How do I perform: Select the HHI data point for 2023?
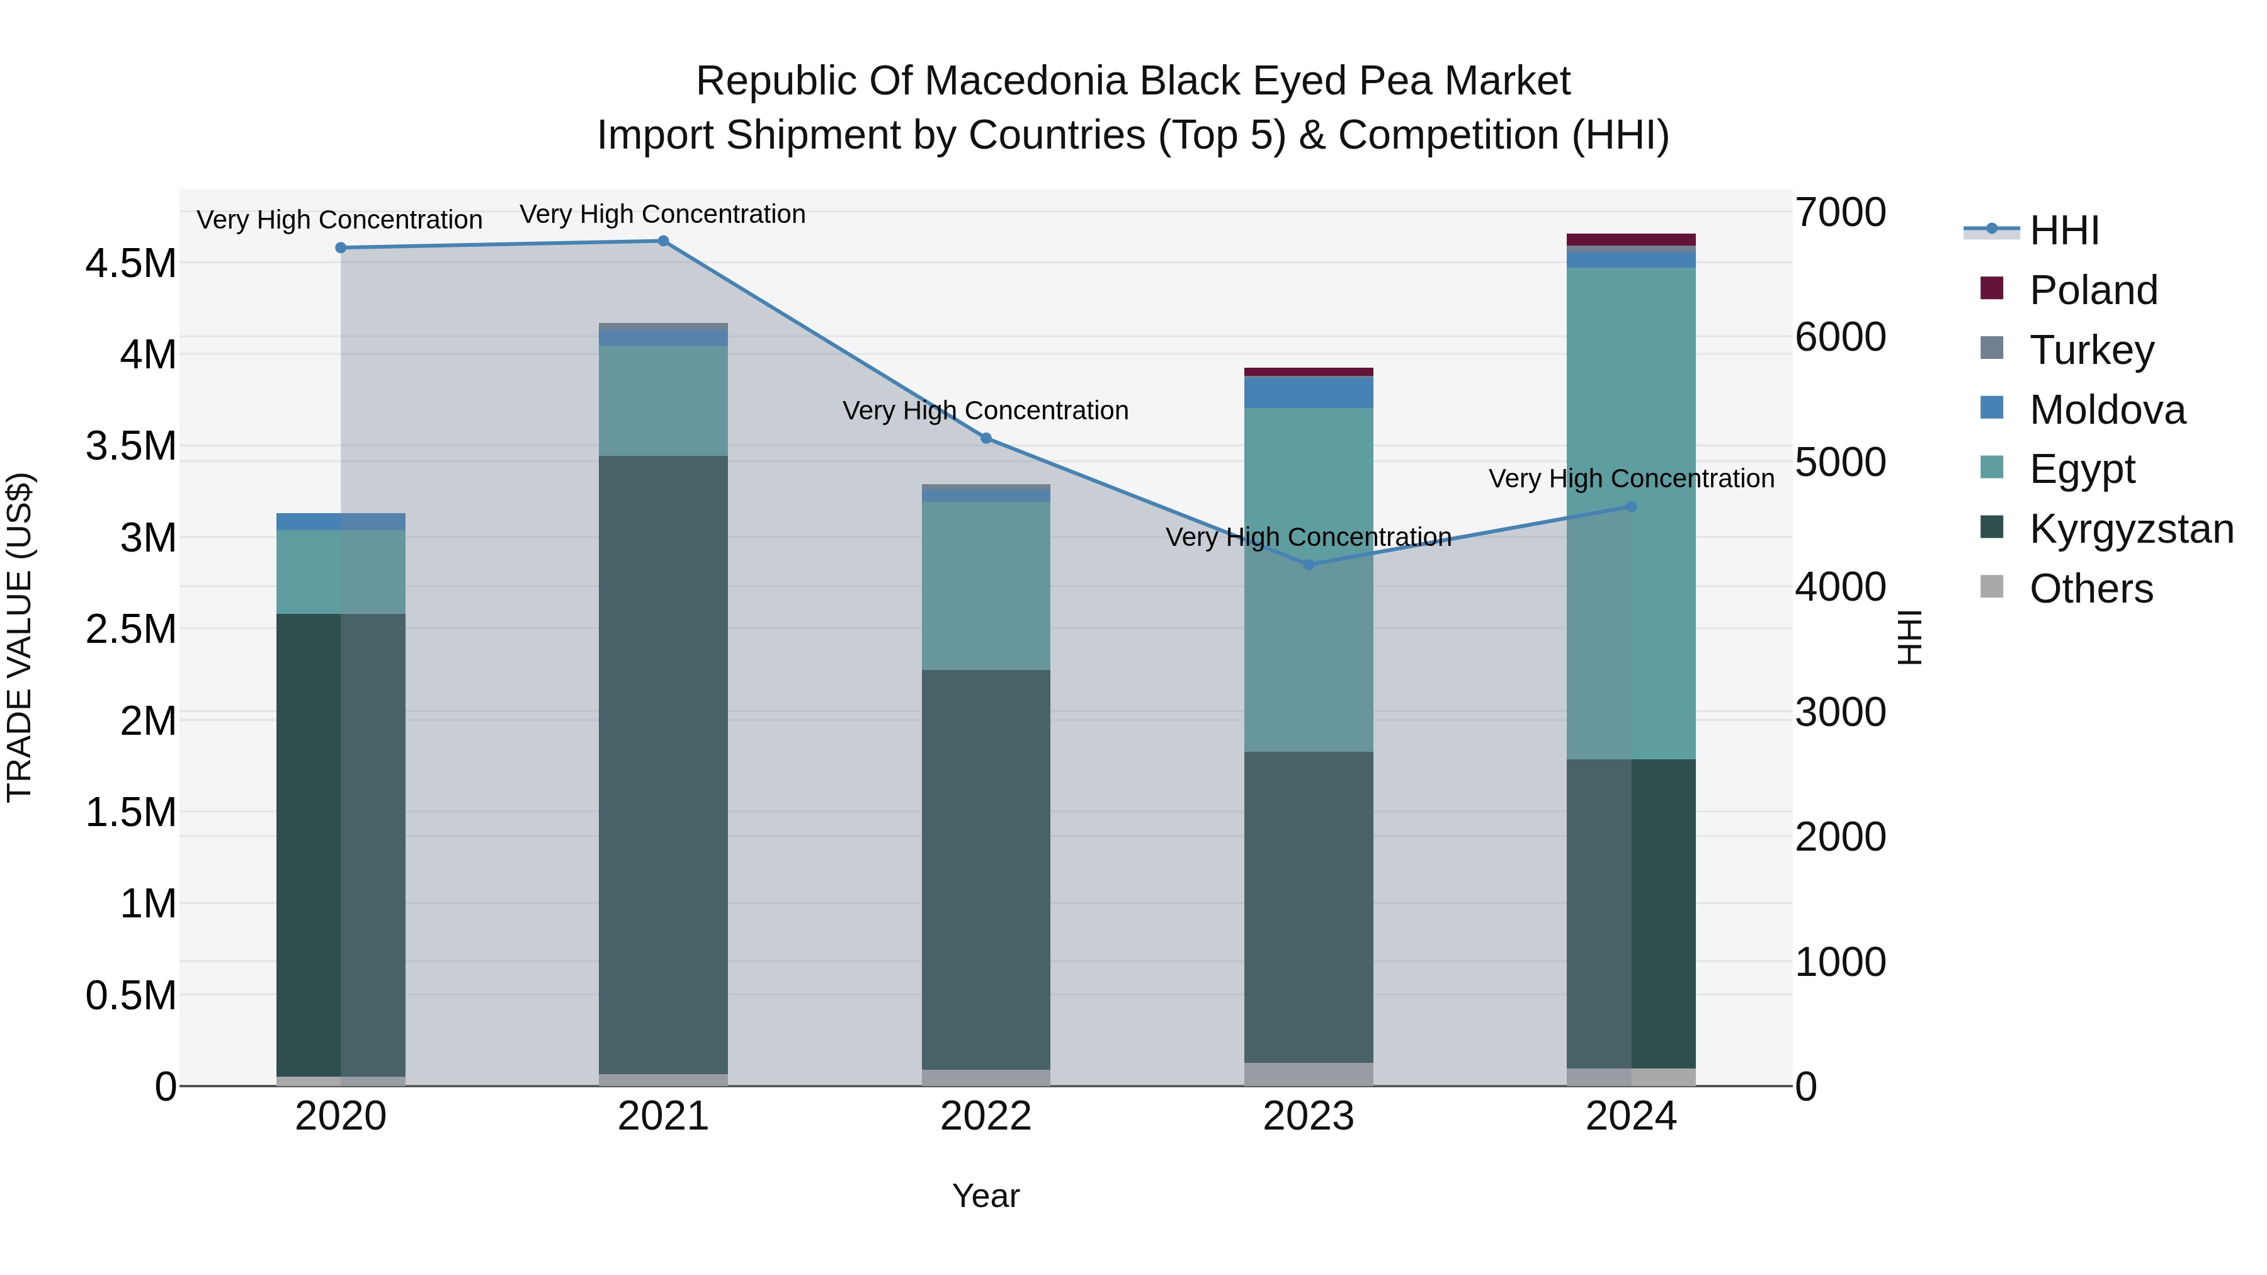(1308, 564)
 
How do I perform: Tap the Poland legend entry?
(2093, 290)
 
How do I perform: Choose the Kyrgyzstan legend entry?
(2130, 529)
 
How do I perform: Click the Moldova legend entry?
(2107, 410)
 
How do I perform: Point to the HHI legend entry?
(2064, 230)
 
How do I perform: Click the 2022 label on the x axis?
(985, 1116)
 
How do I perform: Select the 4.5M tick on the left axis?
(130, 263)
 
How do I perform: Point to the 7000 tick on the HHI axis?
(1840, 212)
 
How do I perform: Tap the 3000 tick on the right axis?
(1840, 712)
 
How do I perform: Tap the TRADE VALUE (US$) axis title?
(20, 637)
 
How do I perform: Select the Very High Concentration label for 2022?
(985, 411)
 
